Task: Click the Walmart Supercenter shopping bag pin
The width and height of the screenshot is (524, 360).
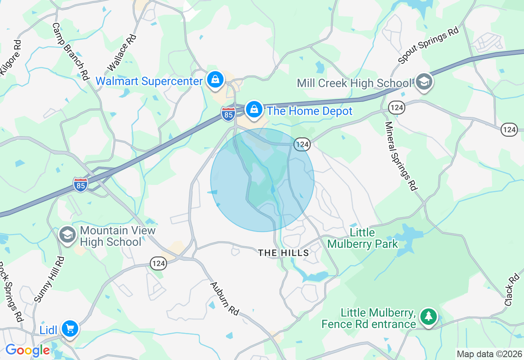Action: tap(215, 80)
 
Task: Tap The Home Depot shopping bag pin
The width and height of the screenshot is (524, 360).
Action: tap(254, 110)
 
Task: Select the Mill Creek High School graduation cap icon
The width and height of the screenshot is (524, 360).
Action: tap(424, 82)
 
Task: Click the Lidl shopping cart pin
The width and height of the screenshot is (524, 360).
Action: tap(70, 328)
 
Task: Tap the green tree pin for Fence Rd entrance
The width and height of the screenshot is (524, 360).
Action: tap(429, 317)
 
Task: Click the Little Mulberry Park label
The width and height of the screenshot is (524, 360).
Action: tap(363, 239)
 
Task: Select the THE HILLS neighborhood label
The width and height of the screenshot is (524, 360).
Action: tap(284, 253)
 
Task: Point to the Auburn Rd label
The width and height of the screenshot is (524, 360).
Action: tap(224, 298)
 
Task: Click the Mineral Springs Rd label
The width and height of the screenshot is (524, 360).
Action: tap(400, 156)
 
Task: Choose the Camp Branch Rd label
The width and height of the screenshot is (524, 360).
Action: tap(70, 51)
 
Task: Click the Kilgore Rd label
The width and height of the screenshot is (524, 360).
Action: tap(10, 58)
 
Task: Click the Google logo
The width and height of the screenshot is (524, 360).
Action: tap(27, 350)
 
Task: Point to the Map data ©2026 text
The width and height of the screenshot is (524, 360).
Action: tap(489, 354)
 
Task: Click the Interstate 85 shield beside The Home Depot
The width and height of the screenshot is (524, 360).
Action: tap(228, 114)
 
